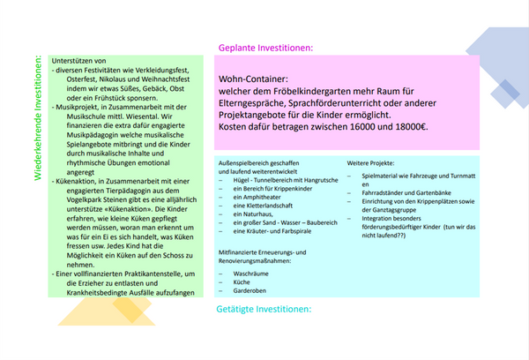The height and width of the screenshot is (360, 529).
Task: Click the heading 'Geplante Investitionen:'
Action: coord(265,48)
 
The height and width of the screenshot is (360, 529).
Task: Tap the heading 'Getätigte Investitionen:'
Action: coord(264,310)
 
